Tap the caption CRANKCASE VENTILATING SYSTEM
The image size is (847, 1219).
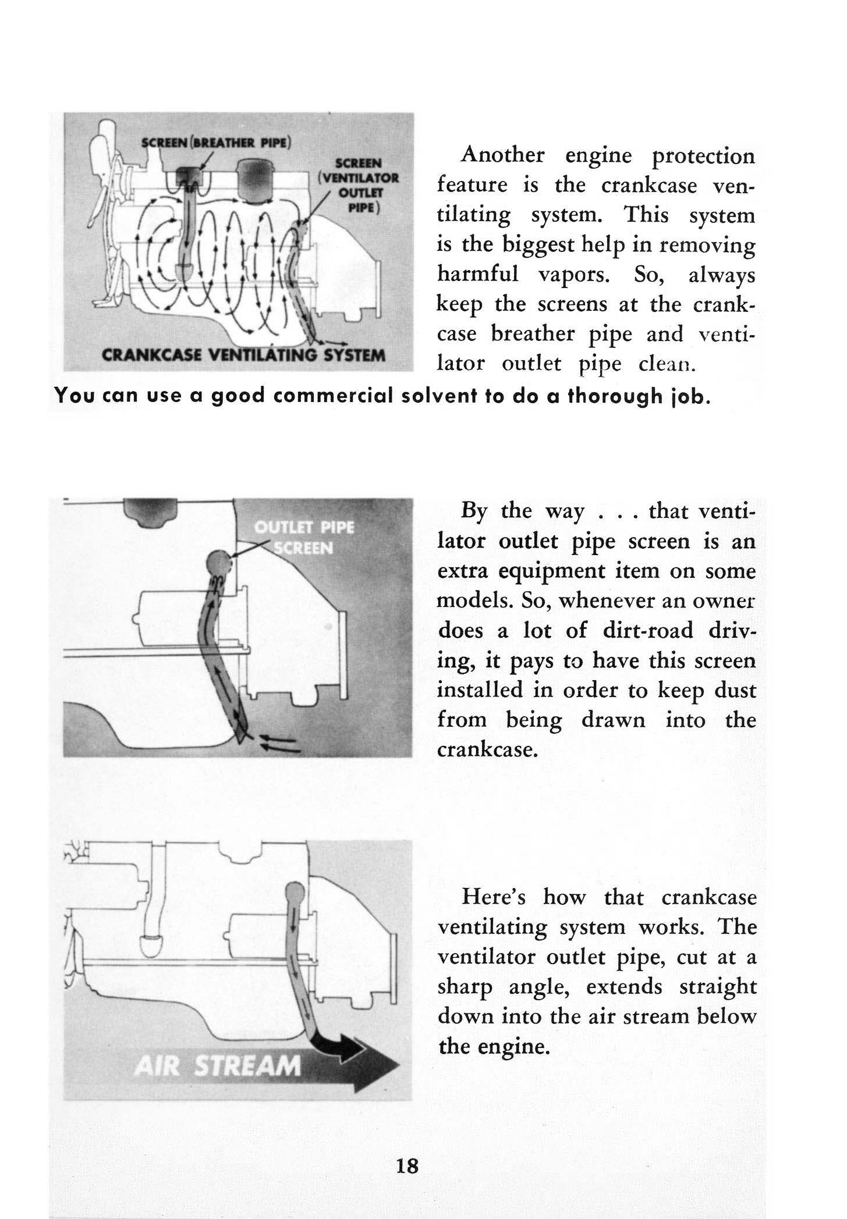243,355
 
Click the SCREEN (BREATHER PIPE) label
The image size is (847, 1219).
217,142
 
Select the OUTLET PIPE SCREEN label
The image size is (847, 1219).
304,538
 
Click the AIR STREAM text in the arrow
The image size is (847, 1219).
218,1066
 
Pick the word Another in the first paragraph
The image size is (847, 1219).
502,155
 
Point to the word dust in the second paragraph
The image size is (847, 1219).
734,691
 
